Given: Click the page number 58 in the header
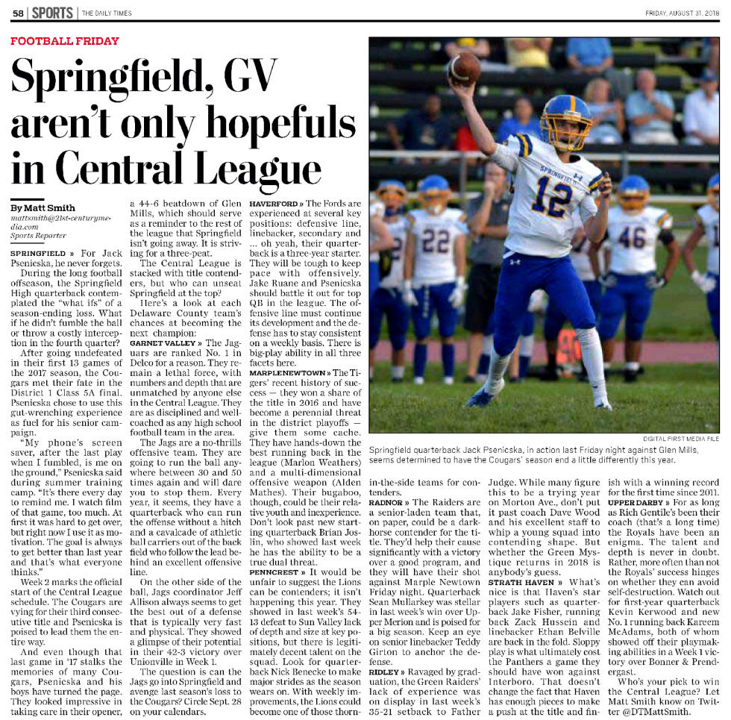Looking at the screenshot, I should click(x=17, y=13).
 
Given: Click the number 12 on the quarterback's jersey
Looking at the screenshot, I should click(x=551, y=195).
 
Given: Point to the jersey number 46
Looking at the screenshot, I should click(x=631, y=238).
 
